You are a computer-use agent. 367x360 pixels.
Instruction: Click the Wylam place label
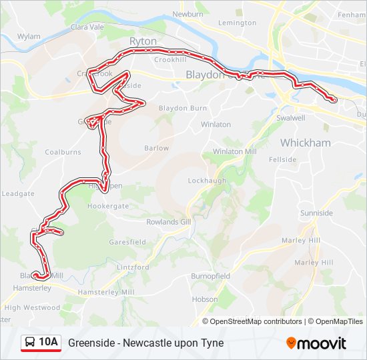point(29,37)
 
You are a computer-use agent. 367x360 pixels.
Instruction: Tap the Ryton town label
point(143,41)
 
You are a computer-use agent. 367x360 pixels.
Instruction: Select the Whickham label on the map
point(305,143)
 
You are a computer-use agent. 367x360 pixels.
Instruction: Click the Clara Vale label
point(87,27)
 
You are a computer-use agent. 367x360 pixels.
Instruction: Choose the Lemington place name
point(237,23)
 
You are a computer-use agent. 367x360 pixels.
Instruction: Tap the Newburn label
point(188,13)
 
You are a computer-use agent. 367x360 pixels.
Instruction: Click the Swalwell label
point(290,118)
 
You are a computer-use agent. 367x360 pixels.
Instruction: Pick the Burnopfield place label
point(210,275)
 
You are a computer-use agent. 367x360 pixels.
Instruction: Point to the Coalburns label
point(63,152)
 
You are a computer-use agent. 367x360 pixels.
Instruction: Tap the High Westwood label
point(32,307)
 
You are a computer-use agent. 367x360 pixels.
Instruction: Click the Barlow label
point(156,148)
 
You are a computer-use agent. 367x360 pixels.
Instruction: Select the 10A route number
point(49,343)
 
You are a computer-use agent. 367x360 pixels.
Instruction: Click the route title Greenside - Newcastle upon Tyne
point(145,343)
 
